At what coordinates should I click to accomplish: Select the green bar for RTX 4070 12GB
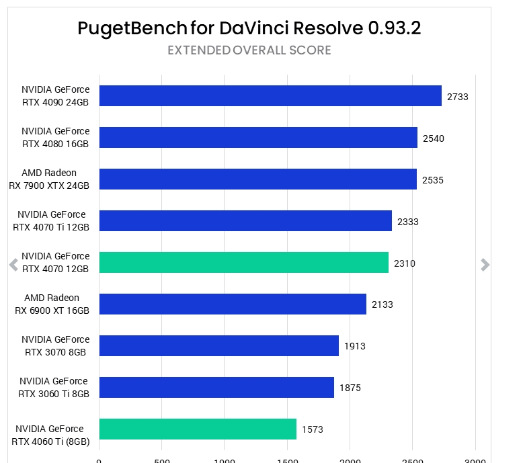[x=243, y=263]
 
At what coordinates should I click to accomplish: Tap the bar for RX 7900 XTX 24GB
[x=257, y=179]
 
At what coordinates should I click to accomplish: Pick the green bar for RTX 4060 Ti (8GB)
[x=198, y=429]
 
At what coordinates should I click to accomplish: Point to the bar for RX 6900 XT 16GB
[x=233, y=304]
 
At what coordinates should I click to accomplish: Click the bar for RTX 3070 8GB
[x=218, y=346]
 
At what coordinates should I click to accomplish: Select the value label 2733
[x=458, y=97]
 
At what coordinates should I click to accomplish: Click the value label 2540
[x=434, y=138]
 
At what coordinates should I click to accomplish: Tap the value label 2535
[x=433, y=180]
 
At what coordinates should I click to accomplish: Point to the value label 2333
[x=408, y=222]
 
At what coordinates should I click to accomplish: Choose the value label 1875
[x=350, y=388]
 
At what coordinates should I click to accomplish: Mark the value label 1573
[x=313, y=429]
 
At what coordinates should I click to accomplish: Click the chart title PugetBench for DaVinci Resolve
[x=249, y=28]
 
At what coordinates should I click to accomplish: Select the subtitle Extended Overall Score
[x=249, y=50]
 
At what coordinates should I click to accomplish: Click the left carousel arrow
[x=13, y=265]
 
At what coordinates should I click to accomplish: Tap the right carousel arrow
[x=485, y=265]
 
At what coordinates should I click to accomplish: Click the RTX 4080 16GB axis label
[x=55, y=137]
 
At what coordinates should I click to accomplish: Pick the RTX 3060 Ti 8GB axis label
[x=54, y=387]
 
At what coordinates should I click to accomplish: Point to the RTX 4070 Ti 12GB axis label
[x=51, y=220]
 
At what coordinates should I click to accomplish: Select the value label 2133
[x=383, y=305]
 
